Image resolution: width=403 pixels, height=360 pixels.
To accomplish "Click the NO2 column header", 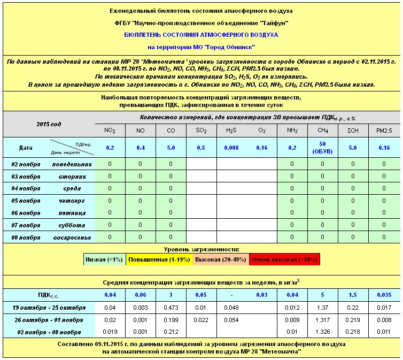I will tap(109, 131).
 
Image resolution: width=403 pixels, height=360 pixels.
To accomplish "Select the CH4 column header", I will tap(322, 131).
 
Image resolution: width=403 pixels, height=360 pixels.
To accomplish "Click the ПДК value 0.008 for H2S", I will tap(231, 148).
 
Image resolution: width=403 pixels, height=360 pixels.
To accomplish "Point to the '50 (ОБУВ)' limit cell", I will tap(322, 148).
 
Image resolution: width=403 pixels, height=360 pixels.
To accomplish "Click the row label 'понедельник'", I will tap(72, 164).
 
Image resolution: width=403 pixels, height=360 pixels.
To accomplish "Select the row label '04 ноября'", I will tap(26, 188).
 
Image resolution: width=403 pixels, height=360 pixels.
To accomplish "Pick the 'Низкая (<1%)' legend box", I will tap(105, 260).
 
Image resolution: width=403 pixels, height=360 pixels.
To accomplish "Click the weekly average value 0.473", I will tap(170, 308).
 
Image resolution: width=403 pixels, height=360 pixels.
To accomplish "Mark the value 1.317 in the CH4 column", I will tap(322, 320).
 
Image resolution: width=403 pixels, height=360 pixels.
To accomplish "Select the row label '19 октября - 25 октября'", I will tap(49, 308).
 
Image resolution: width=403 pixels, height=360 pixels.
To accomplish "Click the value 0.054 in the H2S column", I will tap(231, 320).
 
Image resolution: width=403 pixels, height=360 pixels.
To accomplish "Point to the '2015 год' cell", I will tap(49, 124).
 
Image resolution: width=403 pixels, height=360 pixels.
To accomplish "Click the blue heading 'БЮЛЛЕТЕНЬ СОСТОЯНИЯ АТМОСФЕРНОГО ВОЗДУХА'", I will tap(201, 34).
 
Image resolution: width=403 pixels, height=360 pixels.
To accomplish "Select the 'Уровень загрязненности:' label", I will tap(201, 249).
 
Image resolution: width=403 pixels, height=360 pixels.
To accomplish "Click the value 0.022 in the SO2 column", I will tap(200, 320).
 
